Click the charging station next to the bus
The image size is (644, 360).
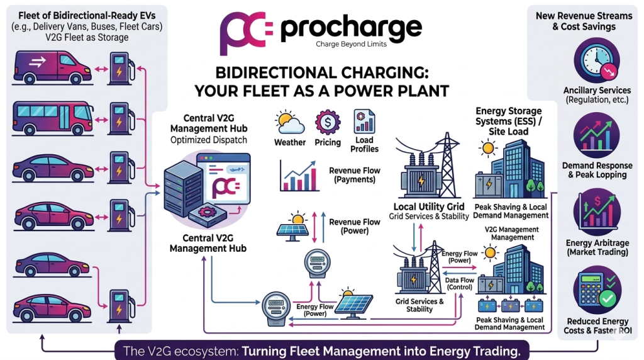pos(118,118)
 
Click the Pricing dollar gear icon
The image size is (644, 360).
pos(328,121)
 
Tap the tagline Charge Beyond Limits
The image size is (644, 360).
pos(352,44)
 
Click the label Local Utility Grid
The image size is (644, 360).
pos(429,206)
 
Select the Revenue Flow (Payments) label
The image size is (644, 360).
pos(355,175)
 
